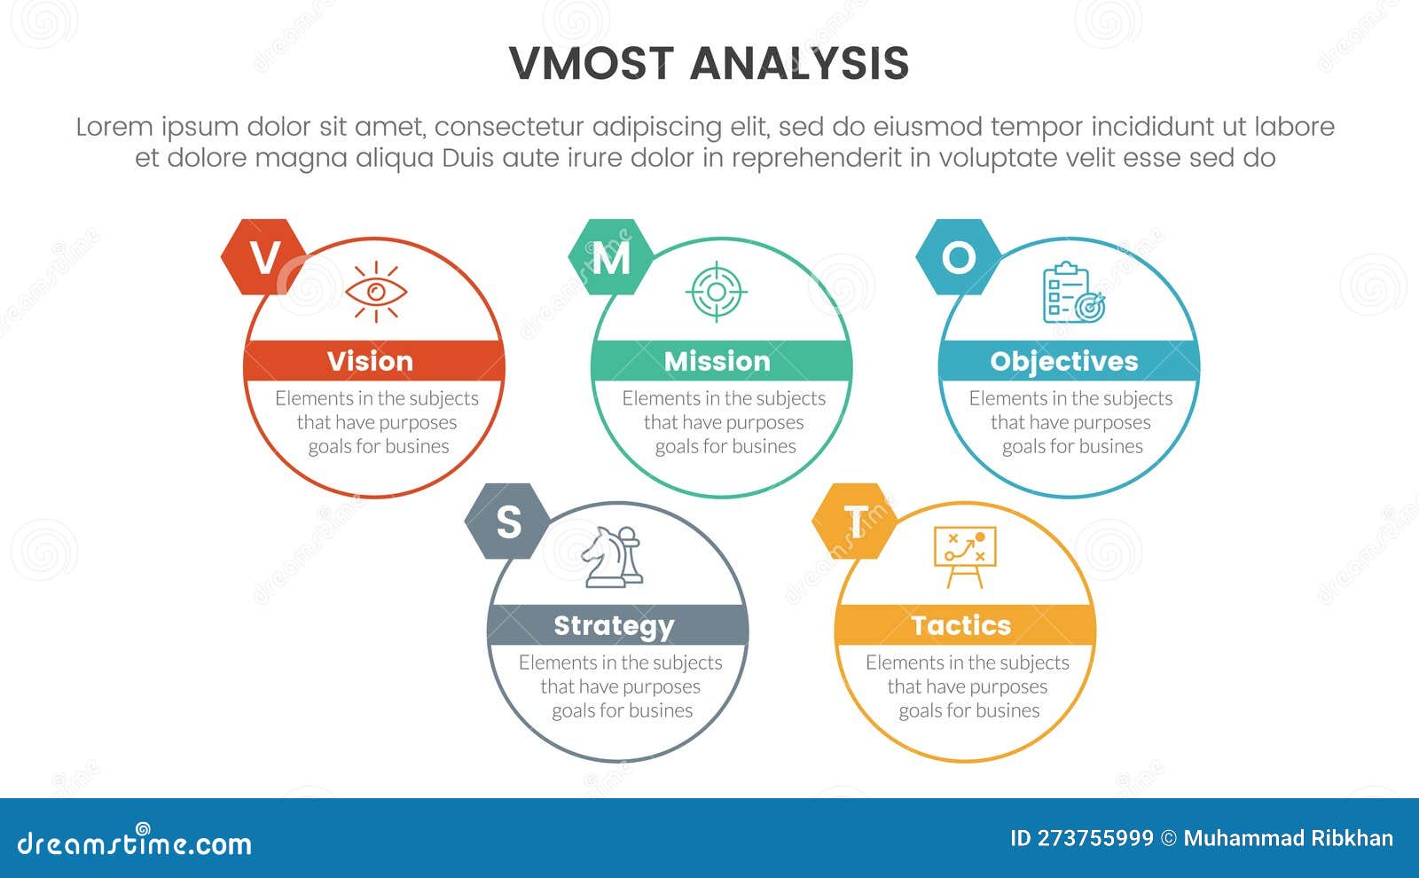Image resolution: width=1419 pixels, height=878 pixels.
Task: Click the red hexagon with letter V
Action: pos(263,257)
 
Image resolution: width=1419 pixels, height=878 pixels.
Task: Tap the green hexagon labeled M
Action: pos(611,257)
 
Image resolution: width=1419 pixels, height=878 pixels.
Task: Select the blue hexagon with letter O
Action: pos(958,257)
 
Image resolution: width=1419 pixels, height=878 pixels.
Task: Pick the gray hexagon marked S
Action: pos(508,521)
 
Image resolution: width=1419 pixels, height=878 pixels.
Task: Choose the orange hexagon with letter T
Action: pos(855,521)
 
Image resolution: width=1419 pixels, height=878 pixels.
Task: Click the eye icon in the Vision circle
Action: pos(376,291)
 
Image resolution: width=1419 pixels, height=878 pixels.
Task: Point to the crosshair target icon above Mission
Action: pos(717,291)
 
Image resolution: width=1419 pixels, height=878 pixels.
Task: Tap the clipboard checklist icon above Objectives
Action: pos(1074,293)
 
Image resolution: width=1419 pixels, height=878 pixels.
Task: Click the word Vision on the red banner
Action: pos(370,361)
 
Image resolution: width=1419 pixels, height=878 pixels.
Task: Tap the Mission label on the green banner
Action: pos(717,361)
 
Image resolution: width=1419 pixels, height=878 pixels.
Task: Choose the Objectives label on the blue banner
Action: pos(1064,361)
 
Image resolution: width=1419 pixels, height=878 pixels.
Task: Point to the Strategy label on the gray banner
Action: pos(614,626)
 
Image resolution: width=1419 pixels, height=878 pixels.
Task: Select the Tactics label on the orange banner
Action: pos(961,625)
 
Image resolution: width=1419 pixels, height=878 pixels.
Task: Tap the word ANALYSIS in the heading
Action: pos(799,64)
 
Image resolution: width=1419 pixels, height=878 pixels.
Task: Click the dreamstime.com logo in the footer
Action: pos(135,843)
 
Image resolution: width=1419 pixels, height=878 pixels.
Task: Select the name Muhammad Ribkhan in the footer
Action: pos(1288,838)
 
